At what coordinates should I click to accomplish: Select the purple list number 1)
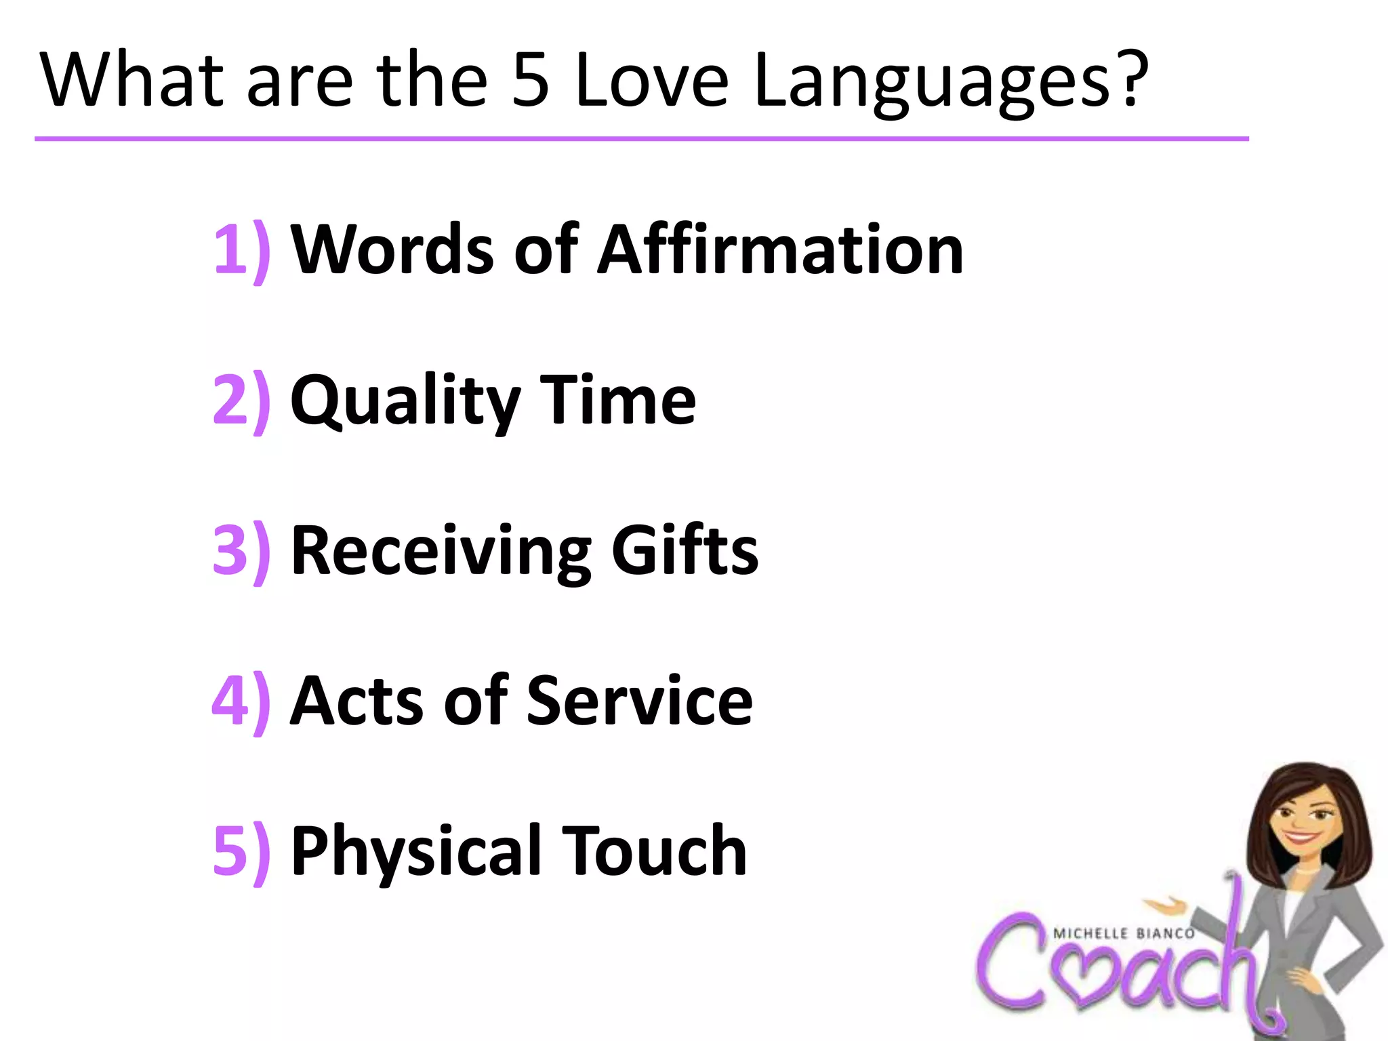point(241,250)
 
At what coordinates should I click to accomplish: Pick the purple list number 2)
point(241,401)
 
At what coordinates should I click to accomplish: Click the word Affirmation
point(779,250)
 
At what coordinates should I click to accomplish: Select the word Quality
point(405,402)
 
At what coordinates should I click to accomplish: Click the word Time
point(617,401)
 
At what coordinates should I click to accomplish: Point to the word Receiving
point(441,552)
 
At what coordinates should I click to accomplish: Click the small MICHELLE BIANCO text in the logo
point(1124,934)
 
